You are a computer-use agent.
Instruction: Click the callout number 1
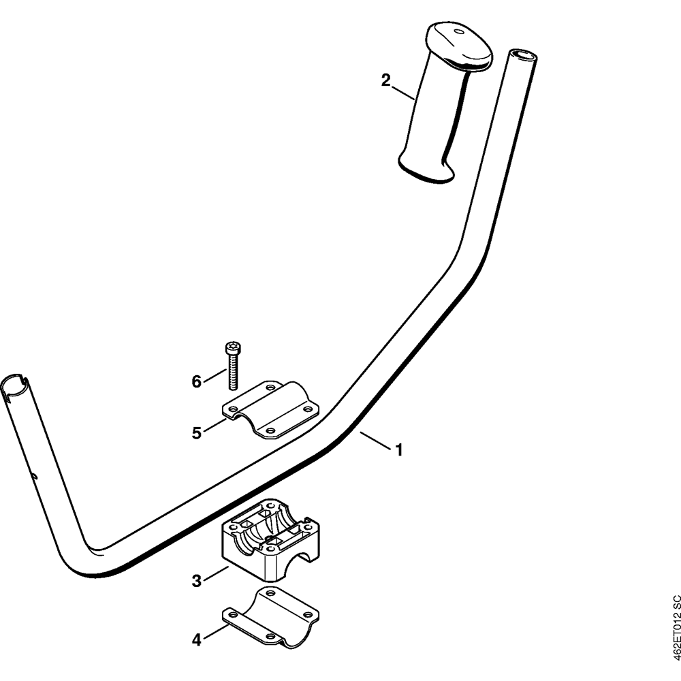click(398, 450)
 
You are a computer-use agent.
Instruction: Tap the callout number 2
click(385, 80)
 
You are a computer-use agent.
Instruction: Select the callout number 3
click(197, 581)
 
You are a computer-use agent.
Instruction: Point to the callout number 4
click(197, 639)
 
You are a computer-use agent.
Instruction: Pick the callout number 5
click(197, 433)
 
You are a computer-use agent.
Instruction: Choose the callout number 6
click(197, 382)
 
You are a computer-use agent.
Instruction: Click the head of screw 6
click(233, 348)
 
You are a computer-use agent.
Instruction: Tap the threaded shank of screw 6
click(234, 372)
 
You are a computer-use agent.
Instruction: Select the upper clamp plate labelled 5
click(270, 410)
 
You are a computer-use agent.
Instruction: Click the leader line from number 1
click(375, 441)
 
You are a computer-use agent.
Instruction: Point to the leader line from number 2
click(403, 93)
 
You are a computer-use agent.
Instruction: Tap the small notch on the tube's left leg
click(35, 476)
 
